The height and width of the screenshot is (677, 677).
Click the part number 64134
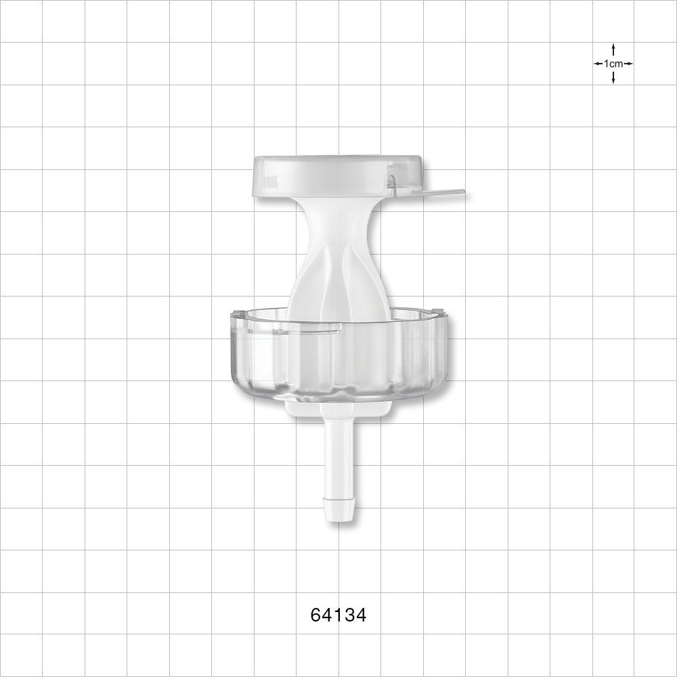338,615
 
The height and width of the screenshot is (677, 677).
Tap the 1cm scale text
613,64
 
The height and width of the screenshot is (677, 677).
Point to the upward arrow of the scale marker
613,49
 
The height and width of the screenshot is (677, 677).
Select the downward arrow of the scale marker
613,79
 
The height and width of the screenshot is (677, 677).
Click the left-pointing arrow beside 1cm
598,64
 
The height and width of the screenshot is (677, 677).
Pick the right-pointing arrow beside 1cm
628,64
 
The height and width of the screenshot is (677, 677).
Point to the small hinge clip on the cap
391,181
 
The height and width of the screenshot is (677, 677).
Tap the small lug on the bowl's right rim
439,313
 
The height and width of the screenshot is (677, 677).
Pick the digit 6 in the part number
315,615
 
